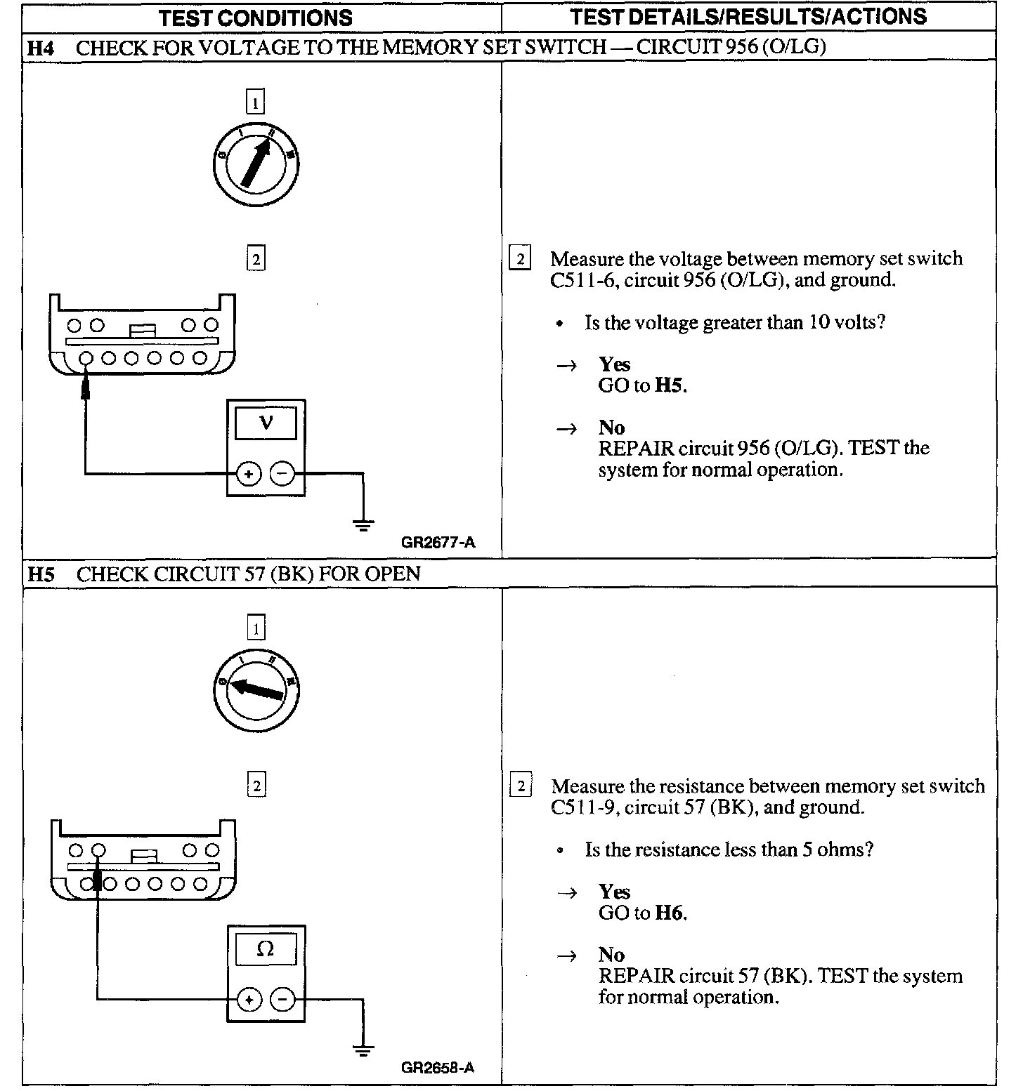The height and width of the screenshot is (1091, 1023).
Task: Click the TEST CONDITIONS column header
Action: pos(256,18)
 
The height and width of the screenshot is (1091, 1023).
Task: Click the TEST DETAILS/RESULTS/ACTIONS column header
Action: pos(748,16)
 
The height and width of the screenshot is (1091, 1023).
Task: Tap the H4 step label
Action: pos(41,48)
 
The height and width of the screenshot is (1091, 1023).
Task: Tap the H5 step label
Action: pos(41,574)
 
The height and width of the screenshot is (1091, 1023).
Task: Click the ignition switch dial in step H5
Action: pos(256,690)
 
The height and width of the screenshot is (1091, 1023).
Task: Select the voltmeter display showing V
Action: pos(266,423)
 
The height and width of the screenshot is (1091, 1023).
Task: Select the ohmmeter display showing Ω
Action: pos(266,949)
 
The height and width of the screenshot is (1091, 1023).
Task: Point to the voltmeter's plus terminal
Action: pos(248,474)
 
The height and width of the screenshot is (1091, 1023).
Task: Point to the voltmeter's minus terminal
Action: pos(282,474)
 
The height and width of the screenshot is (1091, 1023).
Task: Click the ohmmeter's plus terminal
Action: pos(249,1000)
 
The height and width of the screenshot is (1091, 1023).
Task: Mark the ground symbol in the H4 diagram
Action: pos(363,524)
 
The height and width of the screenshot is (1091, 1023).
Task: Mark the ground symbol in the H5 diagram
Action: pos(363,1051)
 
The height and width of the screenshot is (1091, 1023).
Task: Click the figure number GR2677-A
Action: pos(438,542)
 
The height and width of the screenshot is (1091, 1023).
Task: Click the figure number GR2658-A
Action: pos(438,1068)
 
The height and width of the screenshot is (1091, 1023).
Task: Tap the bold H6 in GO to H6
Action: pos(670,913)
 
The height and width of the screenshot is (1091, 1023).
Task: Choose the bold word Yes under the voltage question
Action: pos(615,364)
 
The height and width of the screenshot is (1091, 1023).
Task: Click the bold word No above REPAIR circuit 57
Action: pos(611,955)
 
